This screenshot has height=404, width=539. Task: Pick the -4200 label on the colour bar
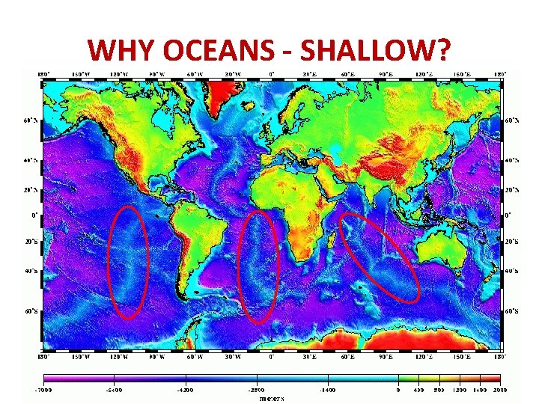185,390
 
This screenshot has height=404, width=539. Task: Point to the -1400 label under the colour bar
326,390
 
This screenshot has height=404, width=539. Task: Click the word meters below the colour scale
271,398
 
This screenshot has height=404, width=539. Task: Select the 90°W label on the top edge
156,73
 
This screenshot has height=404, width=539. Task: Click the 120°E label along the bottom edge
423,356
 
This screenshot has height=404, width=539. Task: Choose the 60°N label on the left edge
29,120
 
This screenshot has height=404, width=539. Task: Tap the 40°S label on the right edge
512,271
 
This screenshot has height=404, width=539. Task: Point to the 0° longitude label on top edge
271,73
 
